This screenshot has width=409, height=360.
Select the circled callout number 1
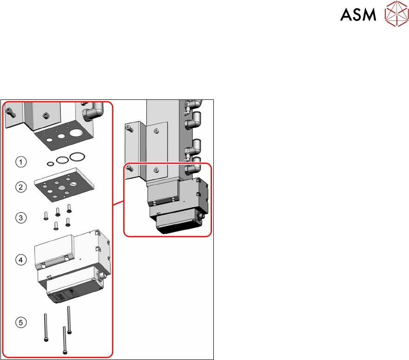tap(20, 162)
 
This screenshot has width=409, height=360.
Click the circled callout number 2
tap(20, 188)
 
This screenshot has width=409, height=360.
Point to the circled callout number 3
tap(20, 216)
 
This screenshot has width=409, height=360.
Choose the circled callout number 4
tap(20, 260)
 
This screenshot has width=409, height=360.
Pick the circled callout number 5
tap(20, 321)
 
